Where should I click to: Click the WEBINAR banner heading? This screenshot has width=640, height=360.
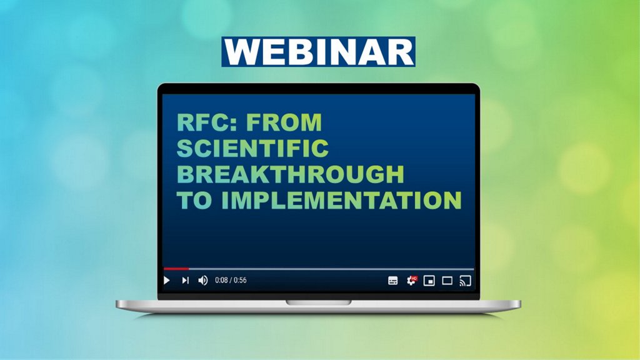click(318, 52)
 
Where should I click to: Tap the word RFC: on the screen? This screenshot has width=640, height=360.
click(207, 122)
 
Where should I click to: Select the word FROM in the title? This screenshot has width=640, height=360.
click(284, 122)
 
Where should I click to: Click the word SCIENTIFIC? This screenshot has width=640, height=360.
click(252, 147)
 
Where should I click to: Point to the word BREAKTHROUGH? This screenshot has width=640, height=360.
click(290, 174)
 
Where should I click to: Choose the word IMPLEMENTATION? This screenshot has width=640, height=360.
click(342, 200)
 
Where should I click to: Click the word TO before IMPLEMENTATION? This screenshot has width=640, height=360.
click(194, 200)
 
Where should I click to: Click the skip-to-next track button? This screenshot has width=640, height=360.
click(185, 281)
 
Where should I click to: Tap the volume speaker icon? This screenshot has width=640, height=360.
click(203, 281)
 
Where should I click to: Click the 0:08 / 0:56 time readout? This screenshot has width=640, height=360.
click(231, 281)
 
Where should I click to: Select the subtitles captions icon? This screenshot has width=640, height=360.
click(392, 281)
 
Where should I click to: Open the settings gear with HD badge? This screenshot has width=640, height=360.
click(411, 281)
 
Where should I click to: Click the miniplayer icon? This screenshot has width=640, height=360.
click(429, 281)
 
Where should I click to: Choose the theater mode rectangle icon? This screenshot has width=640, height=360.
click(447, 281)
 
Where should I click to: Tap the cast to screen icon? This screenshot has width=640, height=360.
click(465, 281)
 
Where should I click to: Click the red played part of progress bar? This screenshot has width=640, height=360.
click(176, 269)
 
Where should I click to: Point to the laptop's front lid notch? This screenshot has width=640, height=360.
click(318, 302)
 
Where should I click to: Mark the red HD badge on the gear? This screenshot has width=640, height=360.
click(414, 278)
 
